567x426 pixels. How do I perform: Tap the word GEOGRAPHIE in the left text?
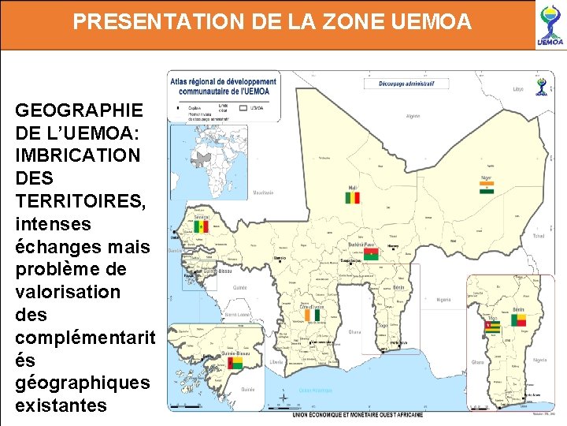pyautogui.click(x=79, y=110)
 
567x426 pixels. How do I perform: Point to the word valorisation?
pyautogui.click(x=68, y=291)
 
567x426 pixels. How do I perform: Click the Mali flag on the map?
pyautogui.click(x=352, y=196)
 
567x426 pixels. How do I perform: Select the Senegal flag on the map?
pyautogui.click(x=202, y=227)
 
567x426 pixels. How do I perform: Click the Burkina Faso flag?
pyautogui.click(x=370, y=253)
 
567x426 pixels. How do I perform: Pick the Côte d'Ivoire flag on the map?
pyautogui.click(x=313, y=315)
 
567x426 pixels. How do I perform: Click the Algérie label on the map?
pyautogui.click(x=413, y=116)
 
